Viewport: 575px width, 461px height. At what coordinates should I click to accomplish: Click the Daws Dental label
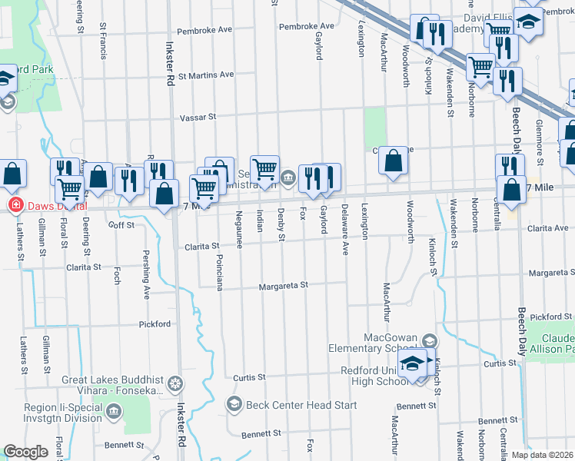pyautogui.click(x=56, y=206)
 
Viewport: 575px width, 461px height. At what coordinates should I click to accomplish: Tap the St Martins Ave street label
pyautogui.click(x=205, y=75)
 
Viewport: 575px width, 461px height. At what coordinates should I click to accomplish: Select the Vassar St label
pyautogui.click(x=198, y=118)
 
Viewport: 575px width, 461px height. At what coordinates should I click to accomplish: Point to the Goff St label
pyautogui.click(x=121, y=225)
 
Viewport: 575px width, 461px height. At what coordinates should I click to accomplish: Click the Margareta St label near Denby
pyautogui.click(x=284, y=285)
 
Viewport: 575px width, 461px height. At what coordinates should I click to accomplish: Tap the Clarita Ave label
pyautogui.click(x=547, y=228)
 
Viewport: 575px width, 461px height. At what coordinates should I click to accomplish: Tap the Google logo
pyautogui.click(x=25, y=452)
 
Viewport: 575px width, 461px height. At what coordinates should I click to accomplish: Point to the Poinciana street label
pyautogui.click(x=219, y=272)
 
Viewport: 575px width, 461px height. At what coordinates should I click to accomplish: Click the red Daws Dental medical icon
pyautogui.click(x=14, y=206)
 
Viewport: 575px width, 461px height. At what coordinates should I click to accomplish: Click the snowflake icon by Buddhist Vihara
pyautogui.click(x=176, y=383)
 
